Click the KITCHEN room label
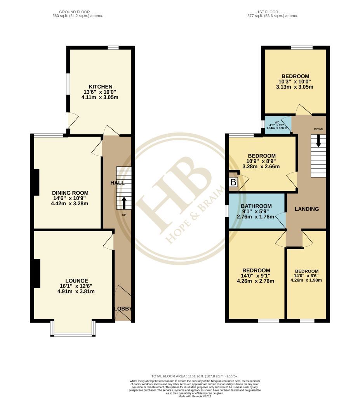(101, 86)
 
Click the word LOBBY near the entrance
(123, 309)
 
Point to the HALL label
(117, 182)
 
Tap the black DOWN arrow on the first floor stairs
(318, 140)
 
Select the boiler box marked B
(233, 182)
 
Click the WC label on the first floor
(277, 122)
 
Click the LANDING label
(306, 209)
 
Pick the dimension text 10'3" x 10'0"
(295, 81)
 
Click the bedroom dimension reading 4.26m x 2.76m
(256, 281)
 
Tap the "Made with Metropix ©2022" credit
(195, 396)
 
